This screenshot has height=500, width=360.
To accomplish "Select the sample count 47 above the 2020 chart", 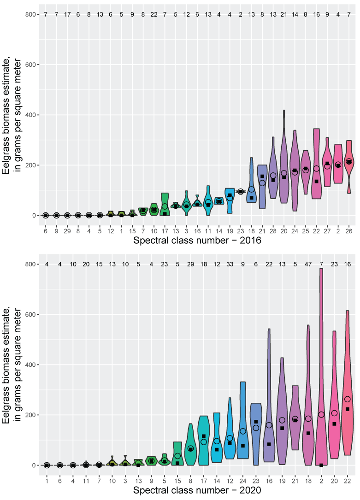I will [308, 265].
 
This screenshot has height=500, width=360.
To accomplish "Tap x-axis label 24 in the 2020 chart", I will [243, 480].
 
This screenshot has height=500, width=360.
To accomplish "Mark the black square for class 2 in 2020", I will [321, 465].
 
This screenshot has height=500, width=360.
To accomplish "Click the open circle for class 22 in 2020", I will [348, 399].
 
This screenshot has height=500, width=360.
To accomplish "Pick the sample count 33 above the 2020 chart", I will [230, 265].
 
